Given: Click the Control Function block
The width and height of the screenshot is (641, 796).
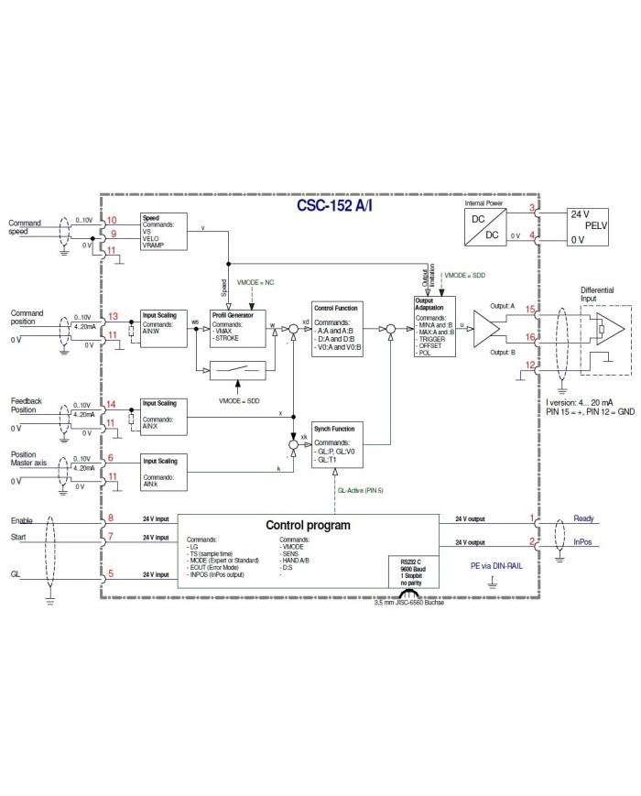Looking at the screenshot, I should click(336, 329).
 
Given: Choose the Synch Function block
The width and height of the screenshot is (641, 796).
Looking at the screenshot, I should click(336, 445).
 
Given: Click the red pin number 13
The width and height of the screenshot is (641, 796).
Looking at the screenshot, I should click(113, 316).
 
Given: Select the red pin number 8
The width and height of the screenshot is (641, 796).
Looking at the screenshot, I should click(110, 518).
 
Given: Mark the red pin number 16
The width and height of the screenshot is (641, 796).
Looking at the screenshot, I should click(531, 337).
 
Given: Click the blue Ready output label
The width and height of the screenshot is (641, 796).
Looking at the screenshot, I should click(583, 518).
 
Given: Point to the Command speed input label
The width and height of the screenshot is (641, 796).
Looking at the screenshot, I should click(25, 227).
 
